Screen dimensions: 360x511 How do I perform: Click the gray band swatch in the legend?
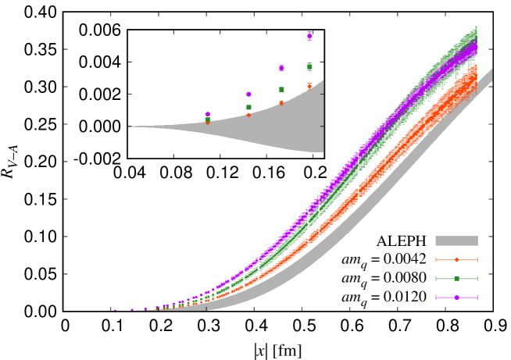456,241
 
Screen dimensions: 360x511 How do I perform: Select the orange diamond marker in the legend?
456,259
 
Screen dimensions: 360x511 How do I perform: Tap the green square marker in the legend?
456,278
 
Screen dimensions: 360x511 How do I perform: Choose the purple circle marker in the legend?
456,297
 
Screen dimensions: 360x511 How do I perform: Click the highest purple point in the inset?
309,36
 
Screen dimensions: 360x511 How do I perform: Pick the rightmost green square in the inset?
309,66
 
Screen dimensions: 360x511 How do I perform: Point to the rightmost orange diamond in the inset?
309,86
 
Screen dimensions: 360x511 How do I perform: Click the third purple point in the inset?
281,68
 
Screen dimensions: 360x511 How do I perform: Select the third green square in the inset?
281,90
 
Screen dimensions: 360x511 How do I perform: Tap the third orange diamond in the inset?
281,103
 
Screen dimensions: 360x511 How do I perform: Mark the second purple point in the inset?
248,94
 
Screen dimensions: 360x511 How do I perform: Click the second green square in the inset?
248,107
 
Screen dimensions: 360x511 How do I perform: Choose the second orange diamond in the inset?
248,115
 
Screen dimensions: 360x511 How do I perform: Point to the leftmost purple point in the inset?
207,114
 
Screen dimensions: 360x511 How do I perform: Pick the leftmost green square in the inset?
207,119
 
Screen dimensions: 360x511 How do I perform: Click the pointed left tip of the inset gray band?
130,127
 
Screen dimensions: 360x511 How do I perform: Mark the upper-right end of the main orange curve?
474,69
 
